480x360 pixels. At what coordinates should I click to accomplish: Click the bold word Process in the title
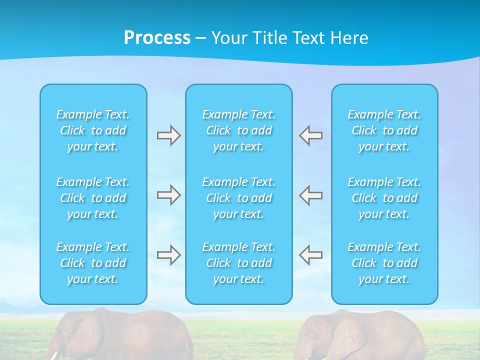point(157,38)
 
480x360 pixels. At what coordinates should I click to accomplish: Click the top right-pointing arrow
point(168,135)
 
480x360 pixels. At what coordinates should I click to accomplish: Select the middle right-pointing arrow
point(168,195)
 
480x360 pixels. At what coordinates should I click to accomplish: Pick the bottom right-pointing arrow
point(168,255)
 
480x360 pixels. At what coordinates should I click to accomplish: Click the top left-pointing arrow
point(311,135)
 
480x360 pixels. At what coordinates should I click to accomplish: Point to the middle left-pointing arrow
point(311,195)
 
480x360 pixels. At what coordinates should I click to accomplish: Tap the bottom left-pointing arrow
point(311,255)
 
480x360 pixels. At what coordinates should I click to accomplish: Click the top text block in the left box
point(93,130)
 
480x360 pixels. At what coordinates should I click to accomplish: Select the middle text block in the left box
point(93,198)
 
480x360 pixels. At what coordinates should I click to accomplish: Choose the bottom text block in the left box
point(93,263)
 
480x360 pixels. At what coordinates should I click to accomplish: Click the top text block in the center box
point(239,130)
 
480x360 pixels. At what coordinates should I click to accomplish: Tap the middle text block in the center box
point(239,198)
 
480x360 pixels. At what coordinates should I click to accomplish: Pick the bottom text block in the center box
point(239,263)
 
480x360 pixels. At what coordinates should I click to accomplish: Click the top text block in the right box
point(384,130)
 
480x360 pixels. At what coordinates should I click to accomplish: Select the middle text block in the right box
point(384,198)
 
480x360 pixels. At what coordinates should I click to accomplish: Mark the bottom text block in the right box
point(384,263)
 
